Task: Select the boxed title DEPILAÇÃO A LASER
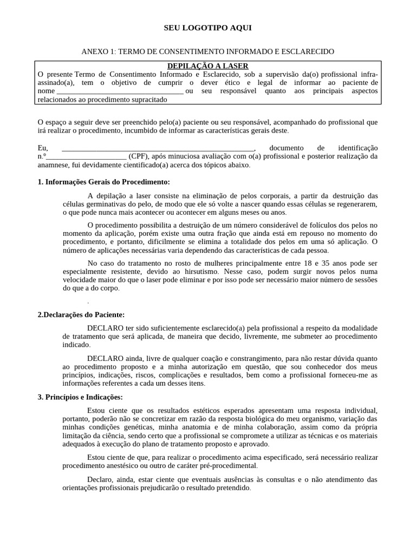(208, 66)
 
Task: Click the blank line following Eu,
(158, 148)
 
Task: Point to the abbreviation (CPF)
(139, 156)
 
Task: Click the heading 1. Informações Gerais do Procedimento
(104, 182)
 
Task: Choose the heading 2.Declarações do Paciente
(81, 314)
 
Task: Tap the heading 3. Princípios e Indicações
(81, 397)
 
